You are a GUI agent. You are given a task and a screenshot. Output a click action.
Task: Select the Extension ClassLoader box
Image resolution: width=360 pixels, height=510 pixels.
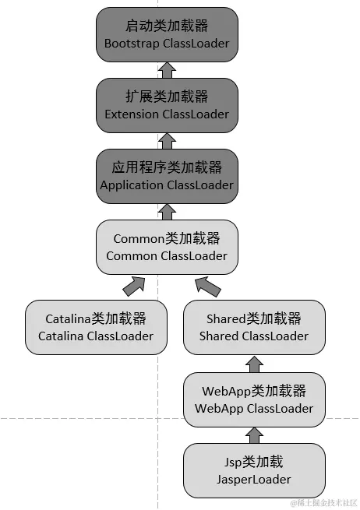(167, 105)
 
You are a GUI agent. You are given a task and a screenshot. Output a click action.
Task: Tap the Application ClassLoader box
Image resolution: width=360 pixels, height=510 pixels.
(167, 176)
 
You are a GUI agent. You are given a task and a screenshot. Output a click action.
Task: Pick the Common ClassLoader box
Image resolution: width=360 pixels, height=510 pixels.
(167, 247)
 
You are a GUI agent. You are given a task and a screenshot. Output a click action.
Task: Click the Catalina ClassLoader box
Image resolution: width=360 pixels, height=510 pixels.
(96, 327)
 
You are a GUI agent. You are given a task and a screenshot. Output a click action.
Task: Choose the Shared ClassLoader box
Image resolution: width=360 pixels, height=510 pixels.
(253, 327)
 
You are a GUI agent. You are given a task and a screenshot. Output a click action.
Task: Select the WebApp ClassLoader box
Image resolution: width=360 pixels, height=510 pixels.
(253, 399)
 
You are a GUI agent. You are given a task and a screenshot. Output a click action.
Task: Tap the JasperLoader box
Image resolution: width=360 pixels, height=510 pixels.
(253, 471)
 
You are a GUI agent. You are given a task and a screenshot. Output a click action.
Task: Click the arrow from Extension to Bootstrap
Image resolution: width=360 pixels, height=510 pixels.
(167, 70)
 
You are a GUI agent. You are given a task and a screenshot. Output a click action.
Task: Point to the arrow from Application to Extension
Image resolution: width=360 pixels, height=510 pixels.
(167, 141)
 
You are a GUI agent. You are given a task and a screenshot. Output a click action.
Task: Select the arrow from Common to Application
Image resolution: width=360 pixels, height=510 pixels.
(167, 211)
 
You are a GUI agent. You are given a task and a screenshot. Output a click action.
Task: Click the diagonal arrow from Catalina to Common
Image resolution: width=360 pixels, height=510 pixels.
(133, 286)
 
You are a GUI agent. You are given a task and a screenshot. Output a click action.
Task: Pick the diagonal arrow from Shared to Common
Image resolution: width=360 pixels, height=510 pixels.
(208, 286)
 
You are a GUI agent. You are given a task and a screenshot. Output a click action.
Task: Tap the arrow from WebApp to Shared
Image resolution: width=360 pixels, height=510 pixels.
(253, 363)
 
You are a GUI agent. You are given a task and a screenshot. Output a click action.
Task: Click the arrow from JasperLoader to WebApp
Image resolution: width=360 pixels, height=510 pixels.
(253, 435)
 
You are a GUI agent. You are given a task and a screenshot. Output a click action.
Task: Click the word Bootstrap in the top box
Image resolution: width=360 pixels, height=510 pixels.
(132, 44)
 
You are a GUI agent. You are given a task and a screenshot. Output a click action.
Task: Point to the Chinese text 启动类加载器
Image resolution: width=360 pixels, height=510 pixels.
(167, 26)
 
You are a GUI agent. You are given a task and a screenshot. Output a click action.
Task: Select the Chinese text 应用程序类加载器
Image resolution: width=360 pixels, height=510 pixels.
(167, 167)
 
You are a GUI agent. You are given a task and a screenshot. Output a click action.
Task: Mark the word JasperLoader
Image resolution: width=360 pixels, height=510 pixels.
(253, 480)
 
